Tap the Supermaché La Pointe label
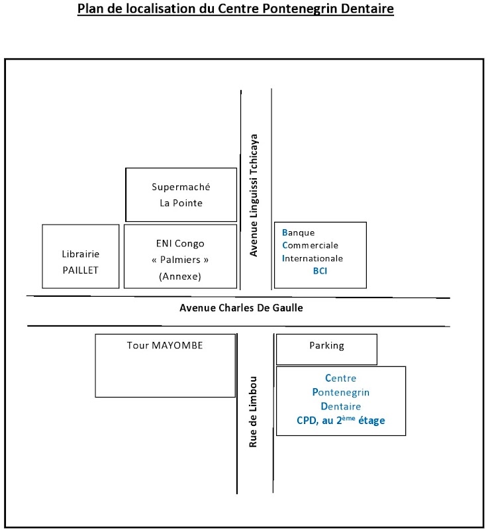click(181, 195)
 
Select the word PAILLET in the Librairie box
click(81, 270)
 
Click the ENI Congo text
click(181, 242)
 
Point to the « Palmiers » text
click(181, 259)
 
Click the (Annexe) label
click(180, 276)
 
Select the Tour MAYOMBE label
click(165, 345)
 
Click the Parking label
click(326, 345)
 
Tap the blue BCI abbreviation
click(320, 271)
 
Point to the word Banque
click(298, 233)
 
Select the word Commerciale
click(310, 245)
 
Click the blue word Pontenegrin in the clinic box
click(340, 392)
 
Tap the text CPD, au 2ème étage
click(340, 420)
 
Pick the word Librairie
click(81, 254)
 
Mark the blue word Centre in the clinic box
click(340, 378)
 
